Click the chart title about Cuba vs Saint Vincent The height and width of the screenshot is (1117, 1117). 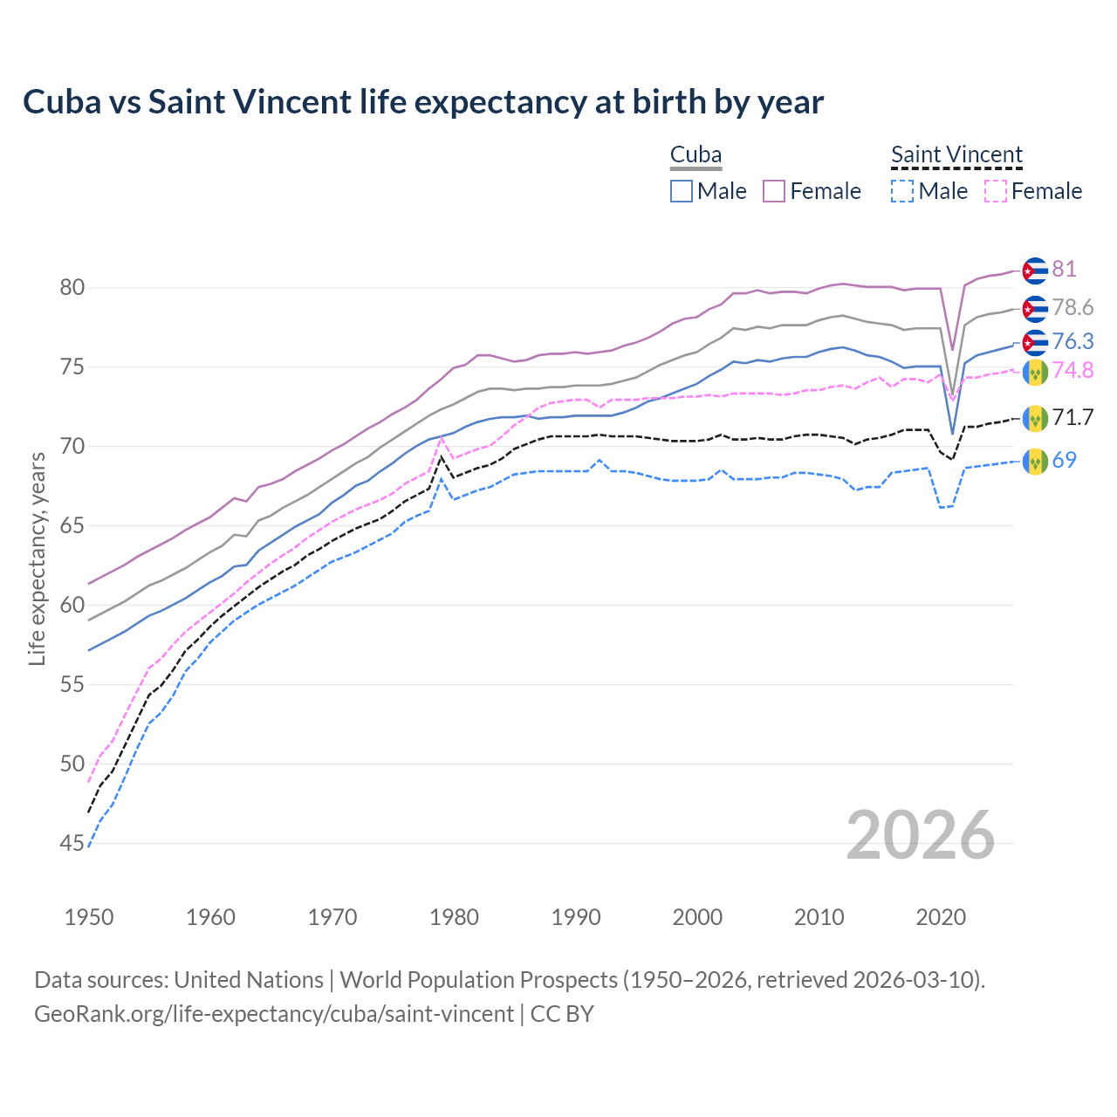423,102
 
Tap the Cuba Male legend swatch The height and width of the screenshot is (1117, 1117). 682,191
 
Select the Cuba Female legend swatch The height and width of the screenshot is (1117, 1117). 774,191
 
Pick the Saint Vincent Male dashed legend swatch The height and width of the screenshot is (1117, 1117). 902,191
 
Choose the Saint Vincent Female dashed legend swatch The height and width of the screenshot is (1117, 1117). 996,191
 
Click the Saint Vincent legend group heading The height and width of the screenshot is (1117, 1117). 956,155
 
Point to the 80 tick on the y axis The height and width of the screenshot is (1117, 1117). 72,287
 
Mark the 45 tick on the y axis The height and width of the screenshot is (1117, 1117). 72,843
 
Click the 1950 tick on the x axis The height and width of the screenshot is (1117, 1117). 89,917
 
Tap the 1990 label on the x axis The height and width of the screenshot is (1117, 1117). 576,917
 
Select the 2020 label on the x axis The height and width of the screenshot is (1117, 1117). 941,917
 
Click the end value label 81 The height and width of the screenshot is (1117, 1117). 1064,269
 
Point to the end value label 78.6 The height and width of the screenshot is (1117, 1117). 1072,307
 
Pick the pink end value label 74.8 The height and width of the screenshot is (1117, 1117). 1072,370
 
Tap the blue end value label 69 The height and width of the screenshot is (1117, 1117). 1064,460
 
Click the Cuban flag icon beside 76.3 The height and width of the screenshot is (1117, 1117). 1035,342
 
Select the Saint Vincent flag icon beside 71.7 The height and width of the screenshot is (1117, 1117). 1035,418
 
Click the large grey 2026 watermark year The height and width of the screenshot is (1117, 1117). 921,835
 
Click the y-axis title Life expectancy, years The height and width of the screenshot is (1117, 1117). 37,558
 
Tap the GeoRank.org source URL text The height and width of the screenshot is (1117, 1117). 274,1014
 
